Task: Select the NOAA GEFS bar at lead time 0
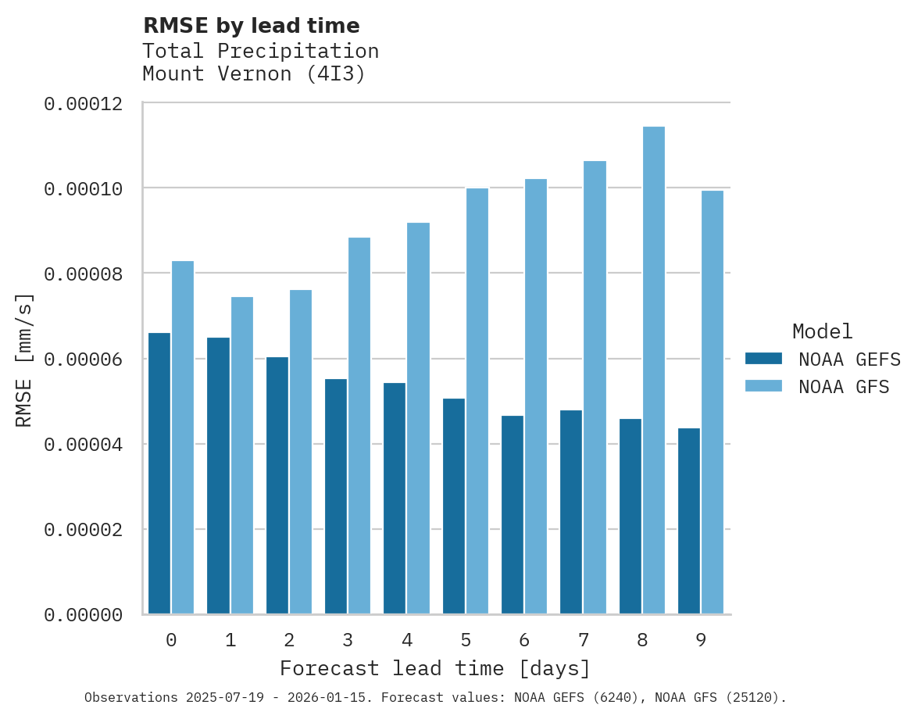tap(159, 474)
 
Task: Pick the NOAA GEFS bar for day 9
tap(689, 521)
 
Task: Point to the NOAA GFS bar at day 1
tap(242, 456)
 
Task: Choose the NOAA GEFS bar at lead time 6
tap(513, 515)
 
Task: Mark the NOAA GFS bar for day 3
tap(359, 426)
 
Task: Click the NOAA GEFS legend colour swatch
tap(763, 359)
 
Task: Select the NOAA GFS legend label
tap(844, 386)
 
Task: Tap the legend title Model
tap(822, 331)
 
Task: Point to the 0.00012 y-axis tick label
tap(83, 103)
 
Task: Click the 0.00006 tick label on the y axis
tap(83, 359)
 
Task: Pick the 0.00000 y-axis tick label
tap(83, 616)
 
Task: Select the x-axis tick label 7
tap(583, 641)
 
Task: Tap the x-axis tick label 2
tap(289, 641)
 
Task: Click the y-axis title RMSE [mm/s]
tap(25, 360)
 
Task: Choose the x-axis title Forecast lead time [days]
tap(435, 669)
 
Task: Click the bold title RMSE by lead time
tap(252, 26)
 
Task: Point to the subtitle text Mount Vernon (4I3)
tap(254, 74)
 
